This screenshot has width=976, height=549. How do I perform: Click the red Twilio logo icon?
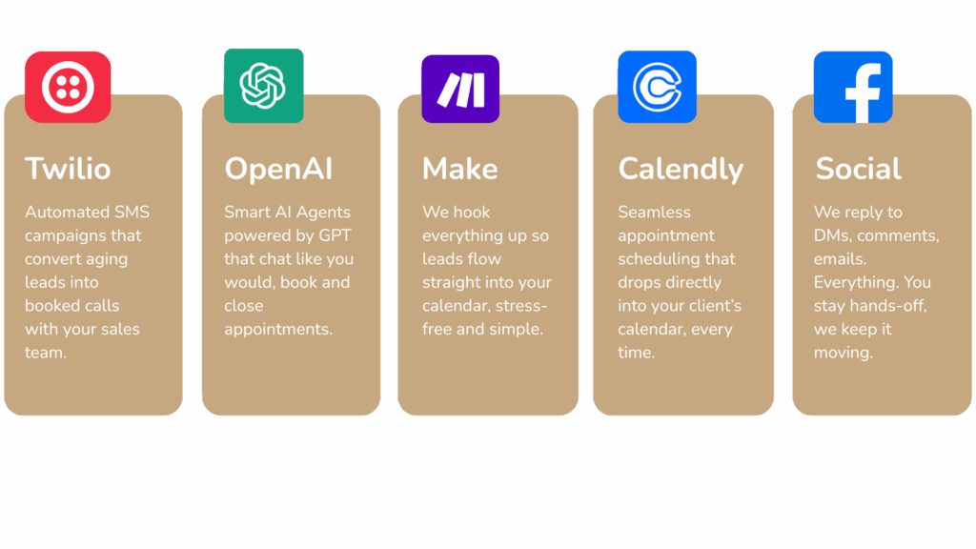(x=68, y=87)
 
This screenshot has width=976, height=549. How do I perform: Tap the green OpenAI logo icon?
(x=264, y=86)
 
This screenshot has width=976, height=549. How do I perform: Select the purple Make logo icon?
(x=460, y=89)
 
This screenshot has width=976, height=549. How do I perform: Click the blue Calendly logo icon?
(x=658, y=87)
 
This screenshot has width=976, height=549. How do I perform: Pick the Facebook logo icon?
(x=853, y=87)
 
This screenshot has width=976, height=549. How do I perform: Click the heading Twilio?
(x=68, y=169)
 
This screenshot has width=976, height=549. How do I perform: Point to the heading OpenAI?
(x=279, y=169)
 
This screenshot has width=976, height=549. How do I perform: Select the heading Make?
(x=460, y=169)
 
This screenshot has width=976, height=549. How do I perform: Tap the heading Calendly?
(x=681, y=170)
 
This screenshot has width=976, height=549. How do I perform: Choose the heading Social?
(x=859, y=169)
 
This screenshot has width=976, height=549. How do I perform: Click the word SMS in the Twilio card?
(x=132, y=213)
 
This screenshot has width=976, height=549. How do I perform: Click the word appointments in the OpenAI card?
(x=278, y=330)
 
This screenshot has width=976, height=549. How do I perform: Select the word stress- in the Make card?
(x=518, y=306)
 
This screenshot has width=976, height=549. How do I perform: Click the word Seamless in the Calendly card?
(x=654, y=213)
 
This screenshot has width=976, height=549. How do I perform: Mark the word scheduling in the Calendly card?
(x=677, y=259)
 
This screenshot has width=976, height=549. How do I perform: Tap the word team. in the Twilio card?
(x=46, y=353)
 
